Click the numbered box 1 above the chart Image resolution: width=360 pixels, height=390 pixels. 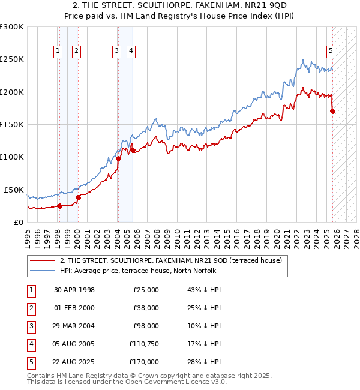58,51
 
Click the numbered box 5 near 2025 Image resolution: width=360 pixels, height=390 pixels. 331,51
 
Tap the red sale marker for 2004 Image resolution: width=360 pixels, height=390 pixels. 119,158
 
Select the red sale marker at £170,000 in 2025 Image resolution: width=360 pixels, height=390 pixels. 333,111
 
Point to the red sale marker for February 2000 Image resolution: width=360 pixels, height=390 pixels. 78,197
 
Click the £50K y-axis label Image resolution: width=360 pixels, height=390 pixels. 14,190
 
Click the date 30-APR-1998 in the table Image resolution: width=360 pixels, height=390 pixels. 74,290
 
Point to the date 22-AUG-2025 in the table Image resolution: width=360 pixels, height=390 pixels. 74,362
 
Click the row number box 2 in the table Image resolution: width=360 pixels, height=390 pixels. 31,308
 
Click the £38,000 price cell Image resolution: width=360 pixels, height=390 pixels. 146,308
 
